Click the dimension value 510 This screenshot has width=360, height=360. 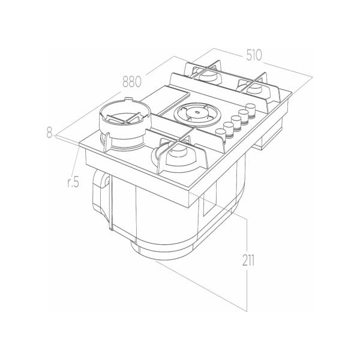point(254,55)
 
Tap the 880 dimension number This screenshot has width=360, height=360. point(132,82)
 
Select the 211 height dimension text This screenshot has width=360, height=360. point(248,260)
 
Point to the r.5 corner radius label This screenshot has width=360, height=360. point(73,182)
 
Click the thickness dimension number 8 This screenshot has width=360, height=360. point(49,132)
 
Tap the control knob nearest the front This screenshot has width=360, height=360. point(221,134)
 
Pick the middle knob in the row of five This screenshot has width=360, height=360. point(236,121)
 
